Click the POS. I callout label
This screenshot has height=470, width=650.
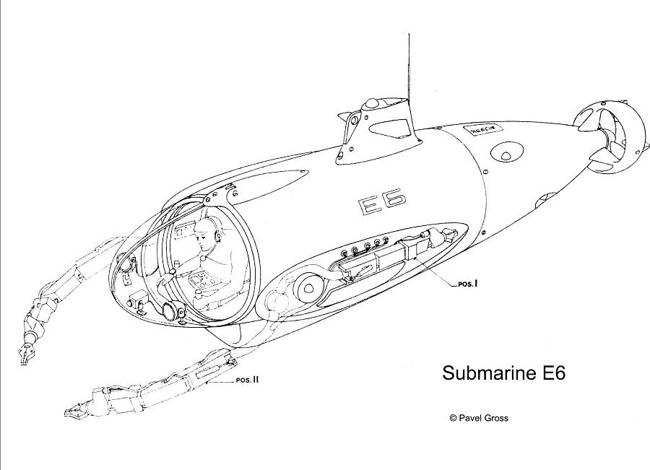468,284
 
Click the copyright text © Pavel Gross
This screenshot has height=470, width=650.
478,417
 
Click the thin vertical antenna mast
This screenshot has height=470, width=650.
410,65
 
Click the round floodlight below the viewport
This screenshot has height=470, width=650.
172,312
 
